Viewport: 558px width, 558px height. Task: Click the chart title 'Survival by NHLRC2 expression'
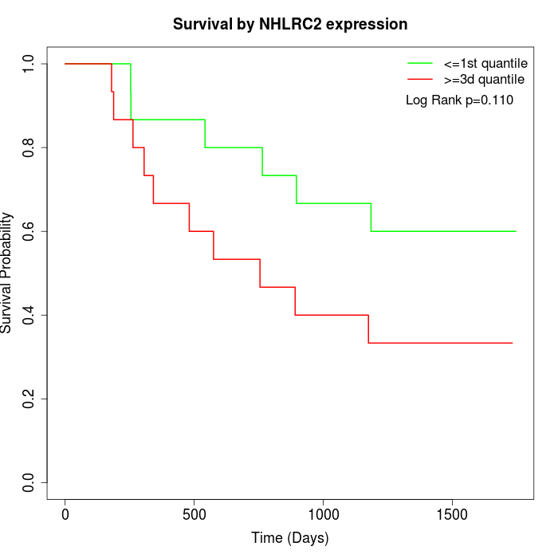click(x=290, y=25)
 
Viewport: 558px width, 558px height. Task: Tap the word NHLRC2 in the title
click(x=291, y=25)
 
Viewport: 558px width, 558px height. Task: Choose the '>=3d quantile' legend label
click(x=484, y=80)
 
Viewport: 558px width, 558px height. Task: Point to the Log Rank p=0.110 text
click(x=459, y=100)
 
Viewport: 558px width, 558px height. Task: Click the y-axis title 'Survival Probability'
click(x=8, y=273)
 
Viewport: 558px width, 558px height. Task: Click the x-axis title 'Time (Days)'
click(x=289, y=538)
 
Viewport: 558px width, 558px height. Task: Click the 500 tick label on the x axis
click(x=194, y=513)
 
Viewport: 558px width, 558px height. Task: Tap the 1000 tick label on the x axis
click(x=323, y=513)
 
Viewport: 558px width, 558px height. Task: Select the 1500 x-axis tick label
click(x=452, y=513)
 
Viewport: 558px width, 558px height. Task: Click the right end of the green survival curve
click(x=516, y=231)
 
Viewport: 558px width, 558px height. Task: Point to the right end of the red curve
click(x=512, y=343)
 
